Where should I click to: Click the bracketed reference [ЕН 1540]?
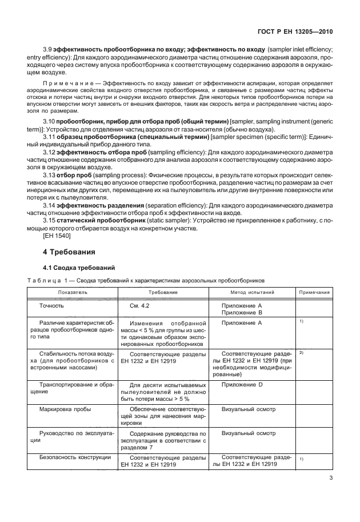pos(57,234)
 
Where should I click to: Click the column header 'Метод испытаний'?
pos(249,292)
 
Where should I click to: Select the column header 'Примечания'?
pos(314,292)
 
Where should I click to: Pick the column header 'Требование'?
pos(163,292)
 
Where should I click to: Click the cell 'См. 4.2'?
pos(139,306)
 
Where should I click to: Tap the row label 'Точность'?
pos(51,306)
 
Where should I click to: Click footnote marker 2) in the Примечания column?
pos(301,353)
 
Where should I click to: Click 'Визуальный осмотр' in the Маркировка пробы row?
pos(248,410)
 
